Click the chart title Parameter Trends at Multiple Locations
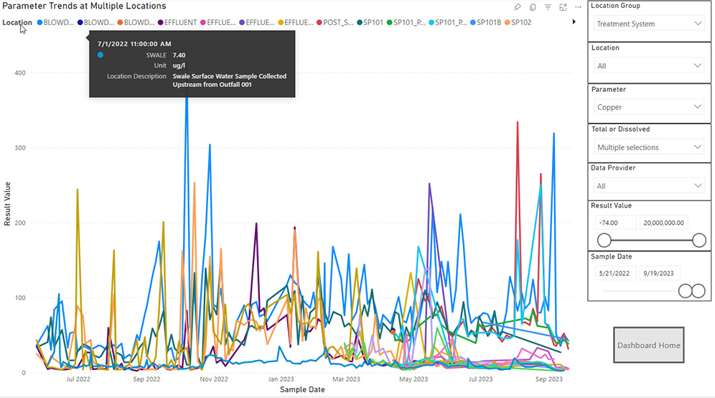point(84,6)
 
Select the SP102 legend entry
point(521,22)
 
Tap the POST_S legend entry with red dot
point(335,22)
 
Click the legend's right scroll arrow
point(574,22)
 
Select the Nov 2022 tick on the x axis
point(213,379)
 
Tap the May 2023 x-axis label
point(413,379)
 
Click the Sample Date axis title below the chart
point(302,389)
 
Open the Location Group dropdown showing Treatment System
point(650,24)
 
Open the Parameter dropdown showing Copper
point(650,107)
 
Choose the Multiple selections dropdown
point(650,147)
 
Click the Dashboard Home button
point(649,346)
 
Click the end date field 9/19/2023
point(660,273)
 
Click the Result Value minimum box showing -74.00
point(614,223)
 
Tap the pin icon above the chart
point(518,7)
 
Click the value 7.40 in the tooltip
point(179,55)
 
